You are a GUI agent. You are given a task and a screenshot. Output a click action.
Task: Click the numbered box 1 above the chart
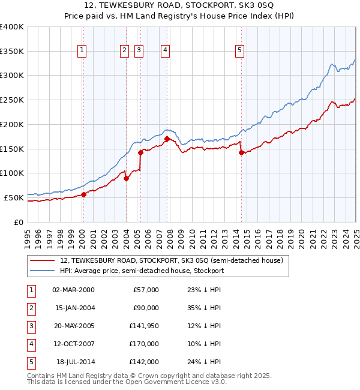[x=82, y=50]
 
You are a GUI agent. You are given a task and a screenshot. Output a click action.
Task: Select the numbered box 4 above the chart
[x=164, y=50]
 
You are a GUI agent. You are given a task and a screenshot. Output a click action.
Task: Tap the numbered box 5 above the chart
[x=239, y=50]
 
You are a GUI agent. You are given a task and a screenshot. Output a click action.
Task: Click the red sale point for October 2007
[x=166, y=139]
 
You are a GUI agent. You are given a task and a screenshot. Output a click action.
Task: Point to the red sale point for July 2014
[x=241, y=152]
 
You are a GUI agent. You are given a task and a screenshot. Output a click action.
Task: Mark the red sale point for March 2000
[x=84, y=194]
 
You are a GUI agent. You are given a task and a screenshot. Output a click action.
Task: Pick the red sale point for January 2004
[x=127, y=178]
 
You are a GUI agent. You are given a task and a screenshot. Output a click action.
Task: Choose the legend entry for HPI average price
[x=142, y=271]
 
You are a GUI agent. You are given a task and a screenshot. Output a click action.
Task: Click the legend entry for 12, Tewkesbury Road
[x=175, y=260]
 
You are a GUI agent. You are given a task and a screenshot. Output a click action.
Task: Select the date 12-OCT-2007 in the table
[x=73, y=344]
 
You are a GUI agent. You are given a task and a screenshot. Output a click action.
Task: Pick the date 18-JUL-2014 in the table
[x=75, y=362]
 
